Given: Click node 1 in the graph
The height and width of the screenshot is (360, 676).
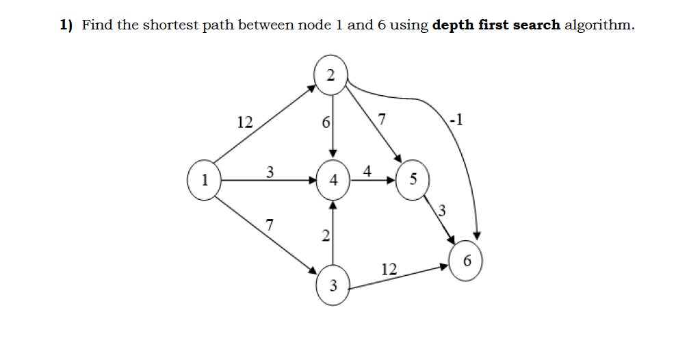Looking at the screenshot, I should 203,181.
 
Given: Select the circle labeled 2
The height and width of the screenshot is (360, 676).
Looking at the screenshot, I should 331,75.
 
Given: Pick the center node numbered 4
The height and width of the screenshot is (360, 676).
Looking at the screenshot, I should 333,181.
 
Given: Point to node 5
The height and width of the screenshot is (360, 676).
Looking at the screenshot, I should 412,181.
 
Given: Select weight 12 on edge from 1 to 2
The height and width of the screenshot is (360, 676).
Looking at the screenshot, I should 244,123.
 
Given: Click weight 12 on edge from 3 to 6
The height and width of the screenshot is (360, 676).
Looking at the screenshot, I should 389,269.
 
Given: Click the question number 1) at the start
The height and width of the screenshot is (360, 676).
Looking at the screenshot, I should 66,25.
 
